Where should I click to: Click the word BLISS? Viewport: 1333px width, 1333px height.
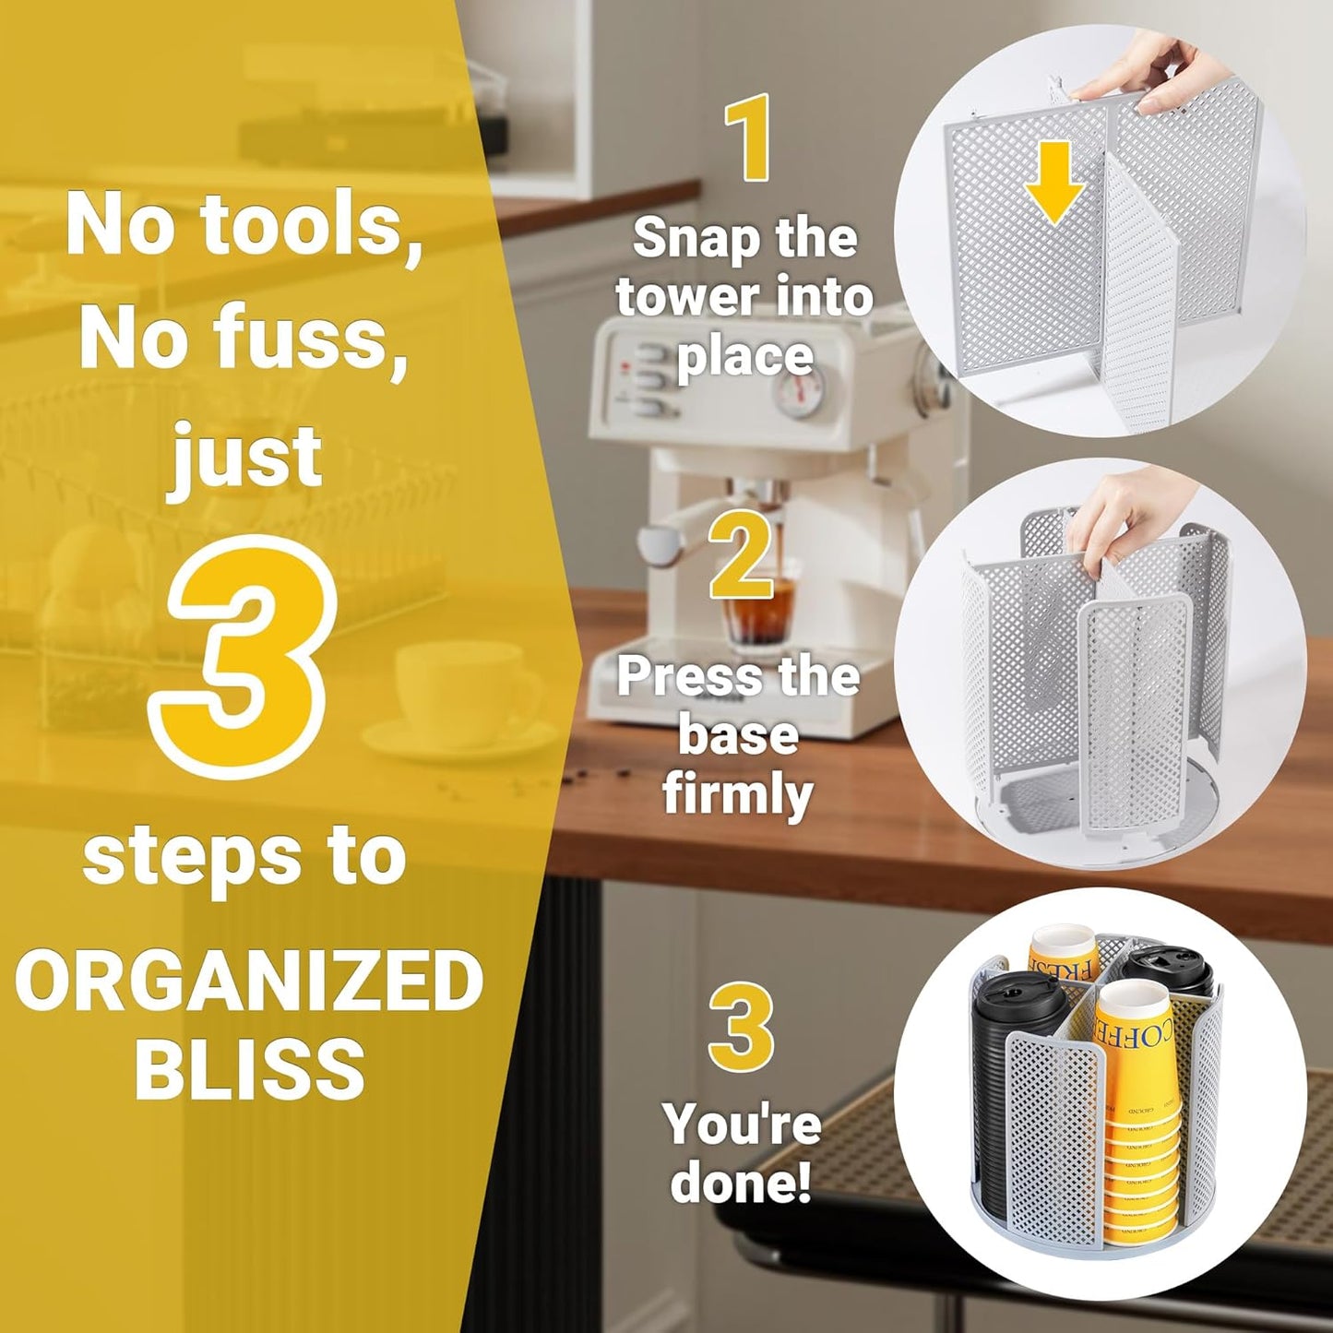(x=249, y=1067)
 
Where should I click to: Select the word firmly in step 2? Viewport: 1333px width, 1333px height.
(x=738, y=794)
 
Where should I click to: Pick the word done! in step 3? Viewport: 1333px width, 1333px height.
(x=741, y=1183)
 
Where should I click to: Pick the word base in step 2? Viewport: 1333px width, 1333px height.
(x=738, y=735)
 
